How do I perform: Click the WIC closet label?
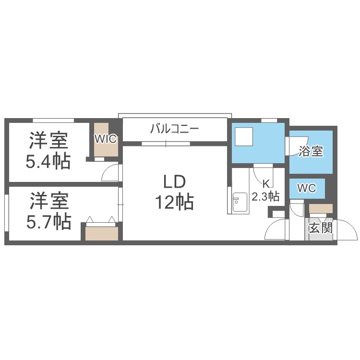coord(106,139)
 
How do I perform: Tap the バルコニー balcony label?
coord(174,129)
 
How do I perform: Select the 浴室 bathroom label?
coord(311,152)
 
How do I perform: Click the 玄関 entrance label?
coord(320,228)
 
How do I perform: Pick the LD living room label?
coord(174,182)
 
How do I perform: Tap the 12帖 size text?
coord(174,203)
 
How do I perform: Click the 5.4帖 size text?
coord(48,161)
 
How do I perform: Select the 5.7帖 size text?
coord(48,221)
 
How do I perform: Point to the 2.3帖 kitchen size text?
coord(266,196)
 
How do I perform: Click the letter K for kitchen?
coord(265,183)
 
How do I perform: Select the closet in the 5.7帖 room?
coord(101,233)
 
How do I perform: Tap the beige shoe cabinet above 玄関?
coord(320,208)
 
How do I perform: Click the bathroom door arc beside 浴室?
coord(291,146)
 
